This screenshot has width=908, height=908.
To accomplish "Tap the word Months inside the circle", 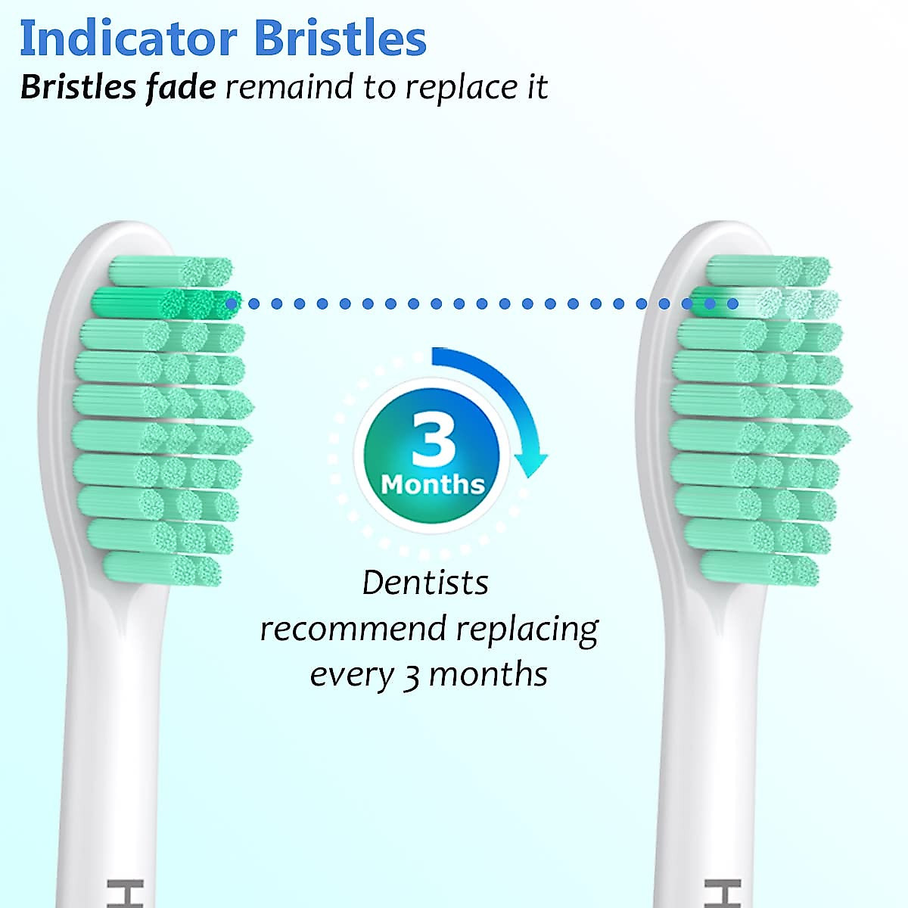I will click(433, 484).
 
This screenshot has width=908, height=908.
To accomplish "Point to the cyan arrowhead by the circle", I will click(531, 461).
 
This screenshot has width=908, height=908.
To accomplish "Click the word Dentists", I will click(425, 583).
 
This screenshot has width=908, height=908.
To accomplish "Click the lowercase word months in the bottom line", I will click(487, 674).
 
